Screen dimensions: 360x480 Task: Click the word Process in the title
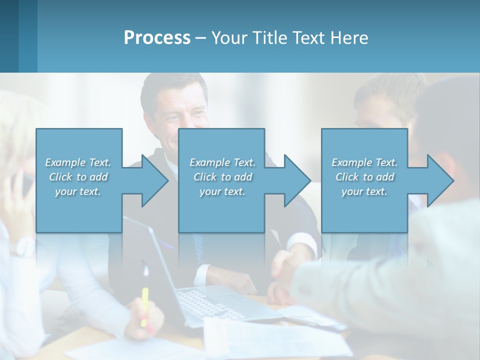157,38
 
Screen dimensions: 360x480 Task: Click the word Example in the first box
65,162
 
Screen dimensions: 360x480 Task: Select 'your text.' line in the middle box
222,191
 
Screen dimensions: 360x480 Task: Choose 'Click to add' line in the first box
78,177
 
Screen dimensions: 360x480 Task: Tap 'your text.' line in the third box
364,191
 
